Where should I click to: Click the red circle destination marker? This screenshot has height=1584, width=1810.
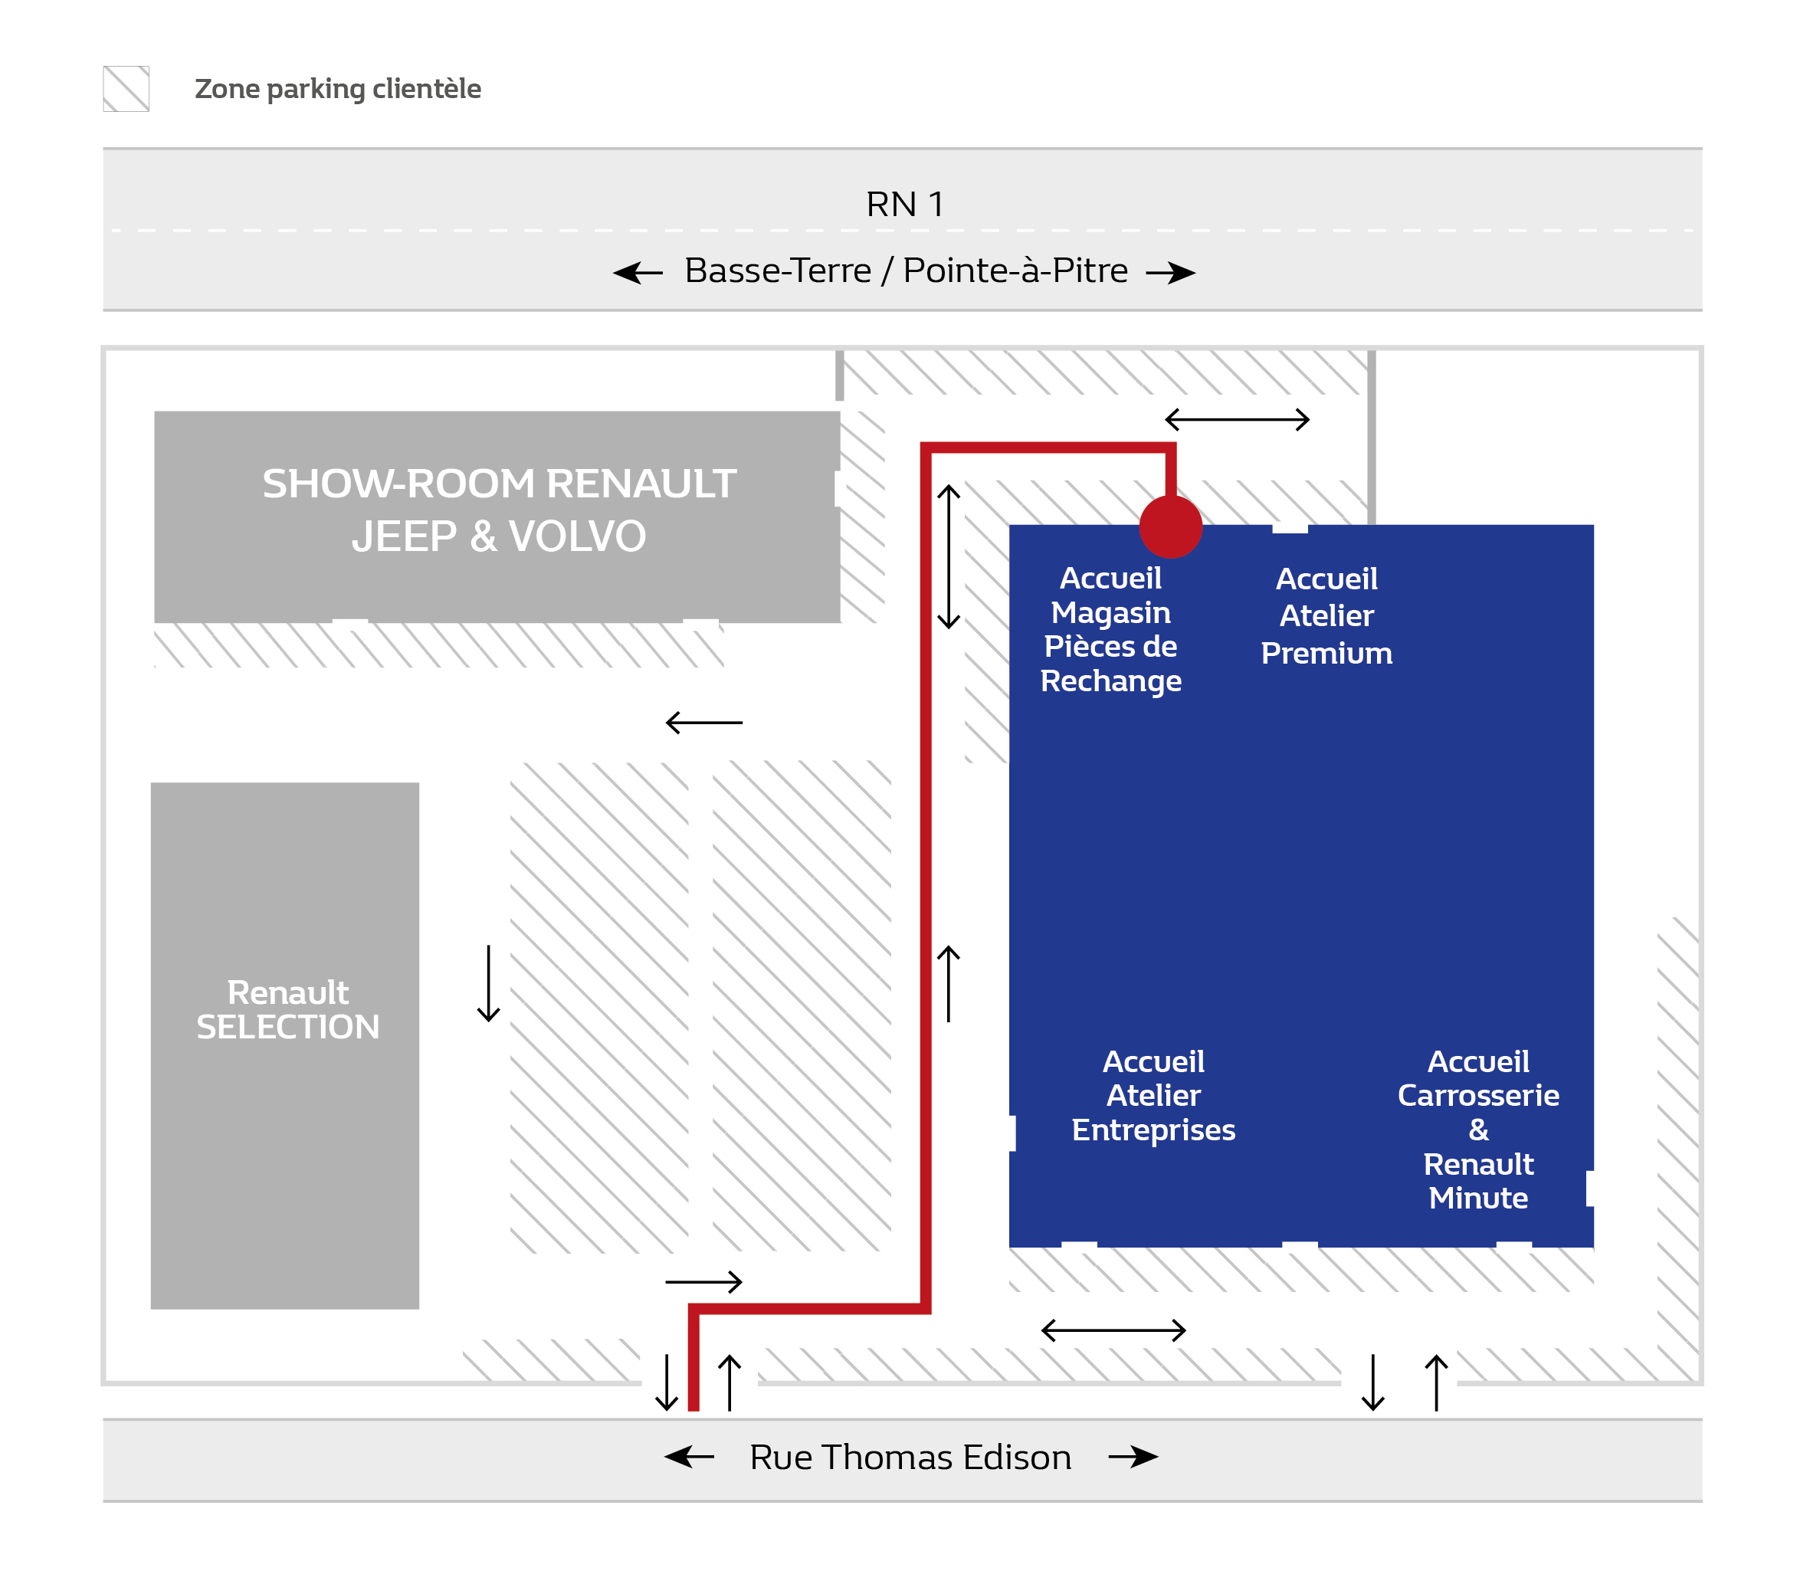[x=1170, y=526]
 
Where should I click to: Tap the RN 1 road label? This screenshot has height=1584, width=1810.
[x=904, y=204]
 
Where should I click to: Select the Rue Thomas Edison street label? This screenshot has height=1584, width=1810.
[x=910, y=1458]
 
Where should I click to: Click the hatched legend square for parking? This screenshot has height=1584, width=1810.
[x=126, y=88]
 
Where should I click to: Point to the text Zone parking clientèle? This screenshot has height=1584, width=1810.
[x=338, y=88]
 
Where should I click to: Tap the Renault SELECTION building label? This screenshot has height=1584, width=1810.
[x=287, y=1009]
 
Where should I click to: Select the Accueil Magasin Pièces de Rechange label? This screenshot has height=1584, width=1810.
[x=1110, y=629]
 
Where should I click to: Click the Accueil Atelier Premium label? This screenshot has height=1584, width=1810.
[x=1326, y=616]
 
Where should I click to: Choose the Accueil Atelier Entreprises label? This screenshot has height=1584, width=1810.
[x=1153, y=1095]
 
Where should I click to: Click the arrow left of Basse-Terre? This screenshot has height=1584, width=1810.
[x=638, y=272]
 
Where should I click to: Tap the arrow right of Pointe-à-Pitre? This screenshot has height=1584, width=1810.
[x=1170, y=272]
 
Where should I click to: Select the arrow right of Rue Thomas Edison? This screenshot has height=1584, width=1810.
[x=1133, y=1457]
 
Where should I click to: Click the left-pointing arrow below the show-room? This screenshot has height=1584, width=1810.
[x=703, y=722]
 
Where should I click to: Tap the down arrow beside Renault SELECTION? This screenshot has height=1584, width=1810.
[x=488, y=983]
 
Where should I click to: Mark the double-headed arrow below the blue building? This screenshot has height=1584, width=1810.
[x=1113, y=1330]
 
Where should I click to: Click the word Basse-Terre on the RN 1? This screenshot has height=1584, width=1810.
[x=778, y=271]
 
